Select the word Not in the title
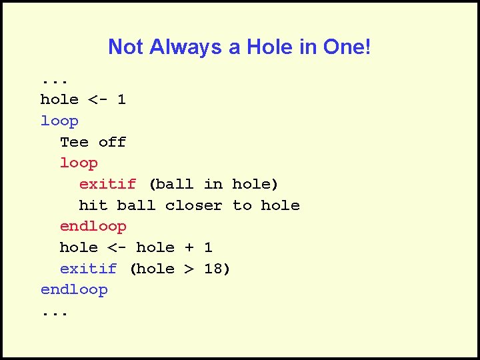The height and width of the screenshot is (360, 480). [x=126, y=47]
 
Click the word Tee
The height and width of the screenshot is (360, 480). [x=74, y=142]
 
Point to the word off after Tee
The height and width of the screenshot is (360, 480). [x=112, y=142]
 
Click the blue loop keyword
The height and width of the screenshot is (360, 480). [x=59, y=121]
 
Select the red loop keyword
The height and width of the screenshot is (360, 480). [x=79, y=163]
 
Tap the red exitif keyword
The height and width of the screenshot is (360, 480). [x=107, y=184]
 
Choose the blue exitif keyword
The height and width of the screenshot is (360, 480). [x=88, y=269]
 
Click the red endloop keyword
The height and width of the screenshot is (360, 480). [x=93, y=226]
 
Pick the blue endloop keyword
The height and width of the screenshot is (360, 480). [x=74, y=289]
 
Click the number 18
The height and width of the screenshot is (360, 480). [x=213, y=269]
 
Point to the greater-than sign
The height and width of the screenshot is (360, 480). [x=189, y=269]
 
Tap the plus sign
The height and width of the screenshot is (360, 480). [x=189, y=247]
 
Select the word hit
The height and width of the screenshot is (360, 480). [x=93, y=205]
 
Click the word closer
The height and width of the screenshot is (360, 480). [x=193, y=205]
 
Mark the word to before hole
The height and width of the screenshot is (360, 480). [x=242, y=205]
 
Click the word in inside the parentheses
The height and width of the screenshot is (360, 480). [x=213, y=184]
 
